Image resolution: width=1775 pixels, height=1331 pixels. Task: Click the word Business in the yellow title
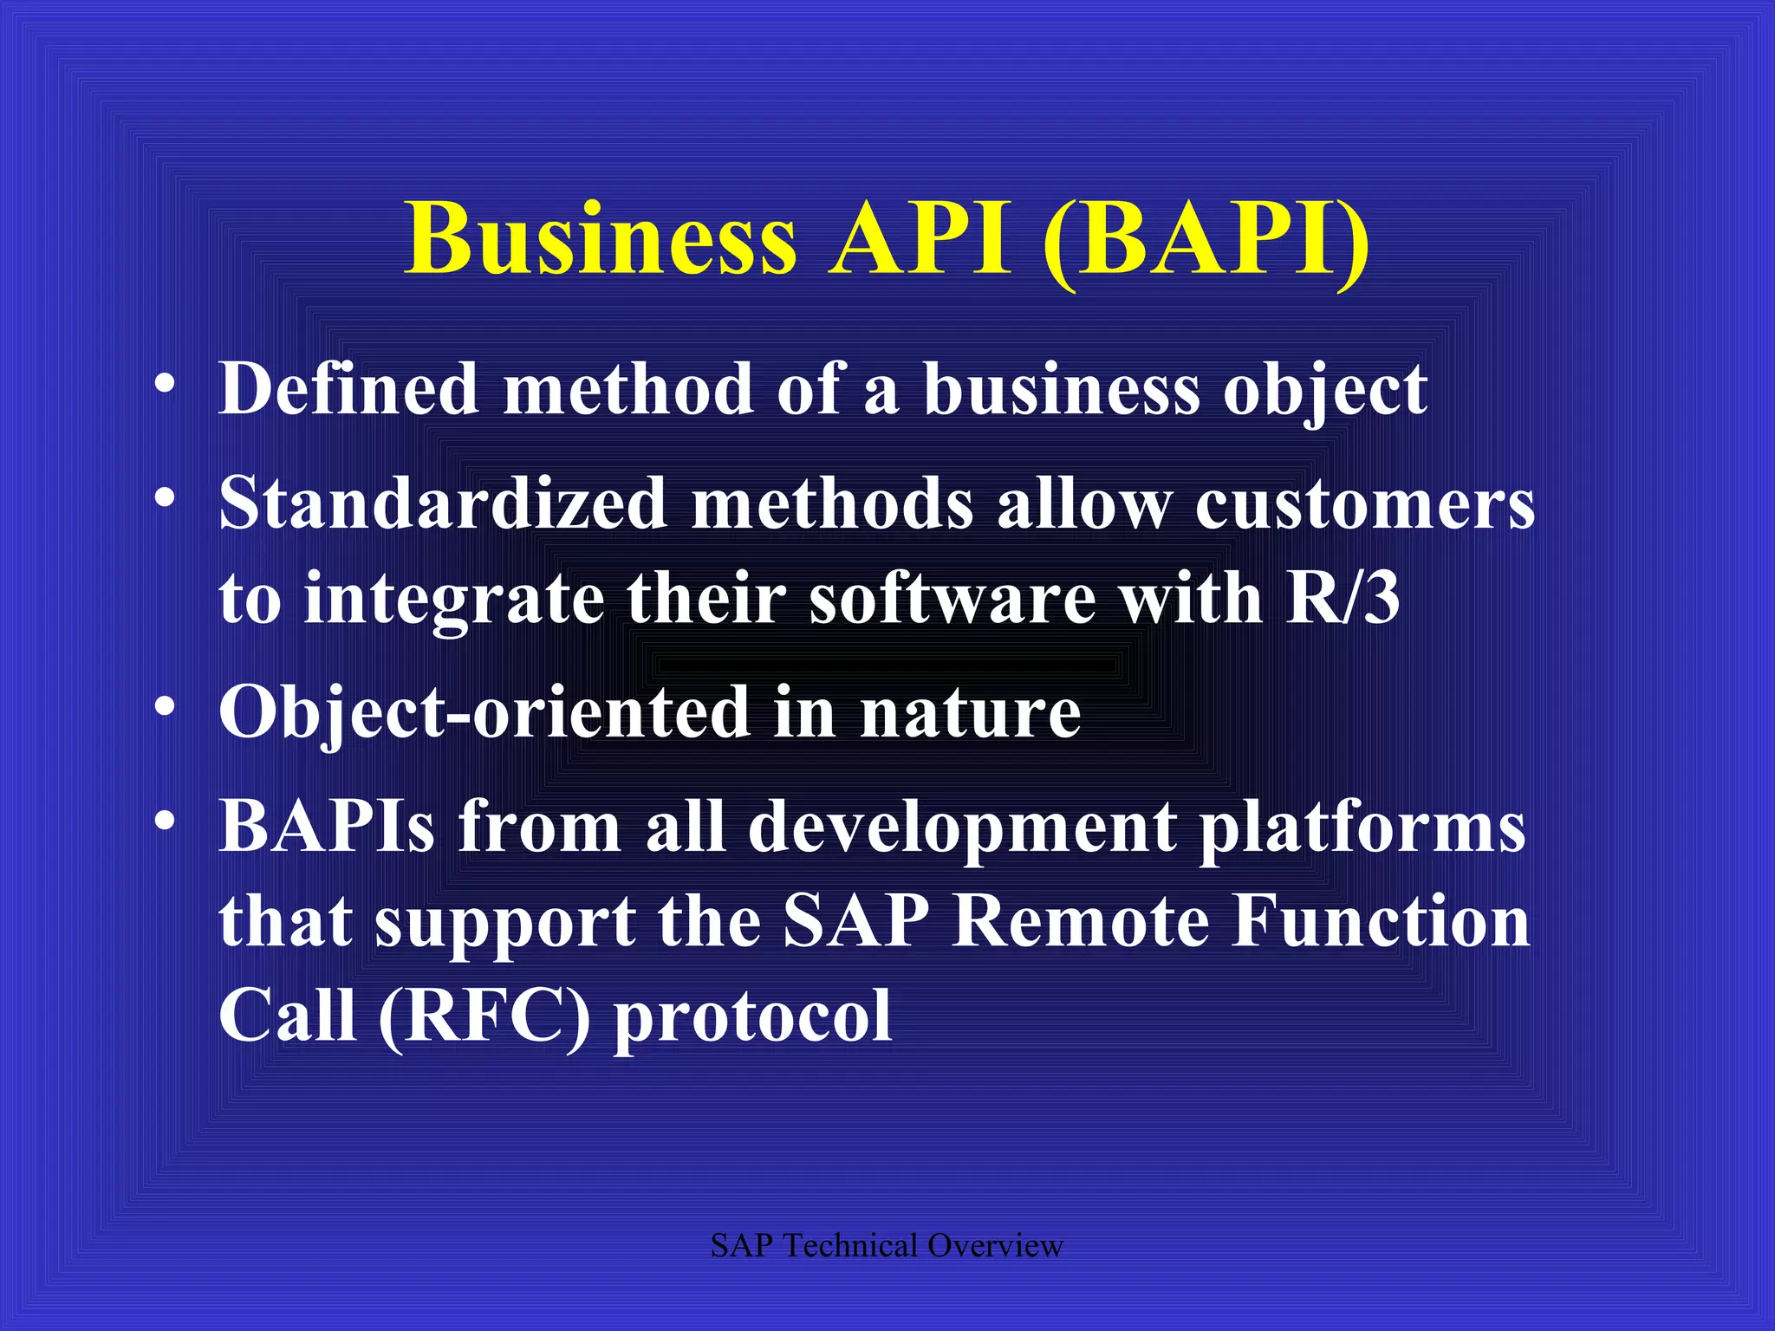click(600, 238)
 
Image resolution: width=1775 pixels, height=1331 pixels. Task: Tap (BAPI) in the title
click(1206, 238)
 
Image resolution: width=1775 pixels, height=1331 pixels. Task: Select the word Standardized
click(442, 503)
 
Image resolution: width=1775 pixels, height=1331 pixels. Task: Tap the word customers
click(1364, 505)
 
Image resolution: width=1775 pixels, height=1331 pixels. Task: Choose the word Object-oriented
click(484, 712)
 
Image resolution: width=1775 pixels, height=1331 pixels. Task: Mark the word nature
click(970, 712)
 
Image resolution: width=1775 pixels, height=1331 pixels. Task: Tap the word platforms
click(1362, 828)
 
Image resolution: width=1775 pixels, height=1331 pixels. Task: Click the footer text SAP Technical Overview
click(887, 1245)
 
